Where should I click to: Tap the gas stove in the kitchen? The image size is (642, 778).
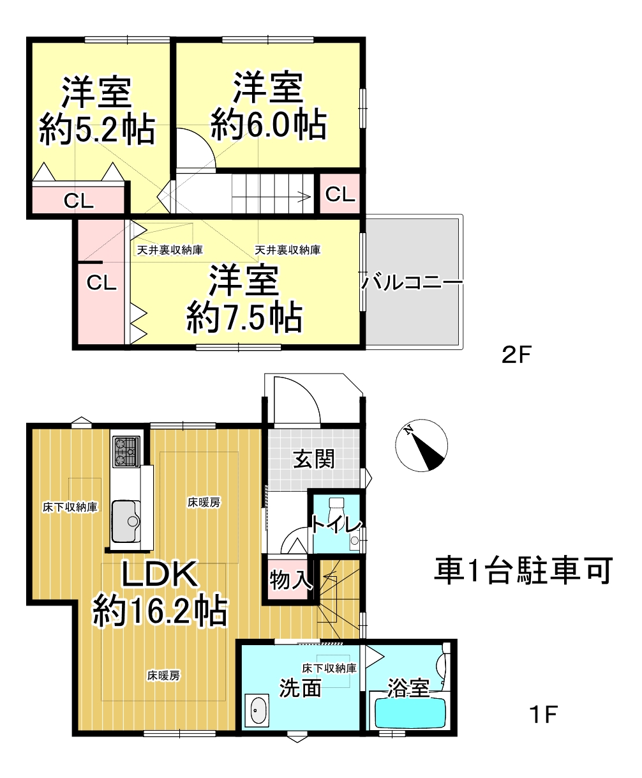126,452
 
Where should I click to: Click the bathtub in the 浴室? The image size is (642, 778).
410,713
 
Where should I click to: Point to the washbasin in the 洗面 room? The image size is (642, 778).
257,710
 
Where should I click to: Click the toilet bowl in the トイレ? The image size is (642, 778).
336,508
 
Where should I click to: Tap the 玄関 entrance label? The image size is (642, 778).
314,459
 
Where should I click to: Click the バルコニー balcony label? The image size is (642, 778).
412,282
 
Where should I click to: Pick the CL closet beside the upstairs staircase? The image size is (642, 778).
340,194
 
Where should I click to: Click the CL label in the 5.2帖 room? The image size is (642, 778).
78,201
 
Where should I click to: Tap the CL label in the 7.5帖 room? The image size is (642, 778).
101,283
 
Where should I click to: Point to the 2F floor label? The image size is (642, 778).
516,355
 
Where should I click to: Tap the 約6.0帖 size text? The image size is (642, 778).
269,125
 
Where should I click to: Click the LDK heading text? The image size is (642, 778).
160,575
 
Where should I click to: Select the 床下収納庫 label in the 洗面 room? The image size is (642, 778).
329,668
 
